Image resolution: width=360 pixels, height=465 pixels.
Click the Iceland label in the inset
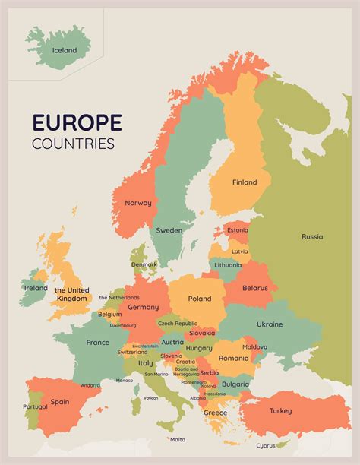pyautogui.click(x=65, y=50)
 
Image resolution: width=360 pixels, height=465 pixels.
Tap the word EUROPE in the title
pyautogui.click(x=77, y=122)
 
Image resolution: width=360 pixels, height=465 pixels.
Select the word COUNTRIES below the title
pyautogui.click(x=74, y=143)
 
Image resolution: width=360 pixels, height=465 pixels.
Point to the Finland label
pyautogui.click(x=245, y=182)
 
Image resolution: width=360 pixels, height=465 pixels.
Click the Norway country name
pyautogui.click(x=138, y=203)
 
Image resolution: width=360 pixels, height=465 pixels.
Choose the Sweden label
pyautogui.click(x=169, y=230)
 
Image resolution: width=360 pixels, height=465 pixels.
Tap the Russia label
pyautogui.click(x=312, y=236)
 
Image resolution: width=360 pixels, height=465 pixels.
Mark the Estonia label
pyautogui.click(x=238, y=230)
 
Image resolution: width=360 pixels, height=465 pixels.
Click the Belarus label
pyautogui.click(x=255, y=288)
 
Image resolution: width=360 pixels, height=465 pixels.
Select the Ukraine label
pyautogui.click(x=269, y=324)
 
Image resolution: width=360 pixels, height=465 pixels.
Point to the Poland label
pyautogui.click(x=200, y=299)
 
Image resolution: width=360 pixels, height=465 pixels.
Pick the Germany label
pyautogui.click(x=143, y=307)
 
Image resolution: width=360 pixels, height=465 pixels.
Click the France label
pyautogui.click(x=97, y=343)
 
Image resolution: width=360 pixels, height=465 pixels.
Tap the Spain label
pyautogui.click(x=60, y=401)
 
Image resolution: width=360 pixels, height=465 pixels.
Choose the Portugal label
pyautogui.click(x=35, y=407)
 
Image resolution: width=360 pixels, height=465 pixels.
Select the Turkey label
pyautogui.click(x=281, y=411)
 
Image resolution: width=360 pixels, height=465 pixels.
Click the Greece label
pyautogui.click(x=215, y=413)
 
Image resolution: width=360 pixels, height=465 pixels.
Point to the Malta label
pyautogui.click(x=178, y=439)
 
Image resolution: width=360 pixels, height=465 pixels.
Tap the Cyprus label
pyautogui.click(x=266, y=445)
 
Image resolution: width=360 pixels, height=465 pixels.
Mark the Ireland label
pyautogui.click(x=36, y=288)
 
